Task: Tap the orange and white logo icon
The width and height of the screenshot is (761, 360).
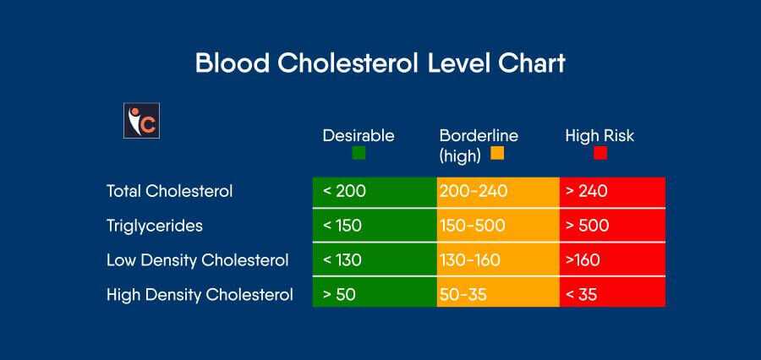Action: (x=141, y=120)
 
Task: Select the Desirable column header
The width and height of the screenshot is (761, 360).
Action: (x=358, y=135)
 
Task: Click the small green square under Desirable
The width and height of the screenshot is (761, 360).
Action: (x=359, y=154)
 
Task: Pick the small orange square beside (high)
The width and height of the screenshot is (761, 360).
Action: (x=496, y=154)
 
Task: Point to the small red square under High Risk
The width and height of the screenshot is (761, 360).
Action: (x=600, y=154)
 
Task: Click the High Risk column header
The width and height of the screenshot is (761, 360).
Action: (x=599, y=135)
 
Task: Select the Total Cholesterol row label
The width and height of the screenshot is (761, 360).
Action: (x=169, y=191)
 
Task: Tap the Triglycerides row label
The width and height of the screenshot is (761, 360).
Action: (x=155, y=226)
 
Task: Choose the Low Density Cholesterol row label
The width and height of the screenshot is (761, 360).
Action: (x=197, y=260)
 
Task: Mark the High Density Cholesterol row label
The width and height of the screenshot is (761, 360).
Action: (x=200, y=295)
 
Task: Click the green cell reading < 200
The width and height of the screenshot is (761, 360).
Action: (x=375, y=191)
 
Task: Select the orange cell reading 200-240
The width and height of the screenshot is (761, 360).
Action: (x=498, y=191)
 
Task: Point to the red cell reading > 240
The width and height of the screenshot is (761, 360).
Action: (x=612, y=191)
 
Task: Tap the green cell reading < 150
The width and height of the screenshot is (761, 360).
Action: (x=375, y=226)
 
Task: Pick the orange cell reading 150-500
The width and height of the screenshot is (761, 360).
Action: (x=498, y=226)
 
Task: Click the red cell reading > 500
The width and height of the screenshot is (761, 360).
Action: (x=612, y=226)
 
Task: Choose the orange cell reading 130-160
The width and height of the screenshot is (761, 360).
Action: (x=498, y=260)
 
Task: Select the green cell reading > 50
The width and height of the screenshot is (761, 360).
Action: (x=375, y=295)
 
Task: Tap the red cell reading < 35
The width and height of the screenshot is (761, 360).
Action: (x=612, y=295)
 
